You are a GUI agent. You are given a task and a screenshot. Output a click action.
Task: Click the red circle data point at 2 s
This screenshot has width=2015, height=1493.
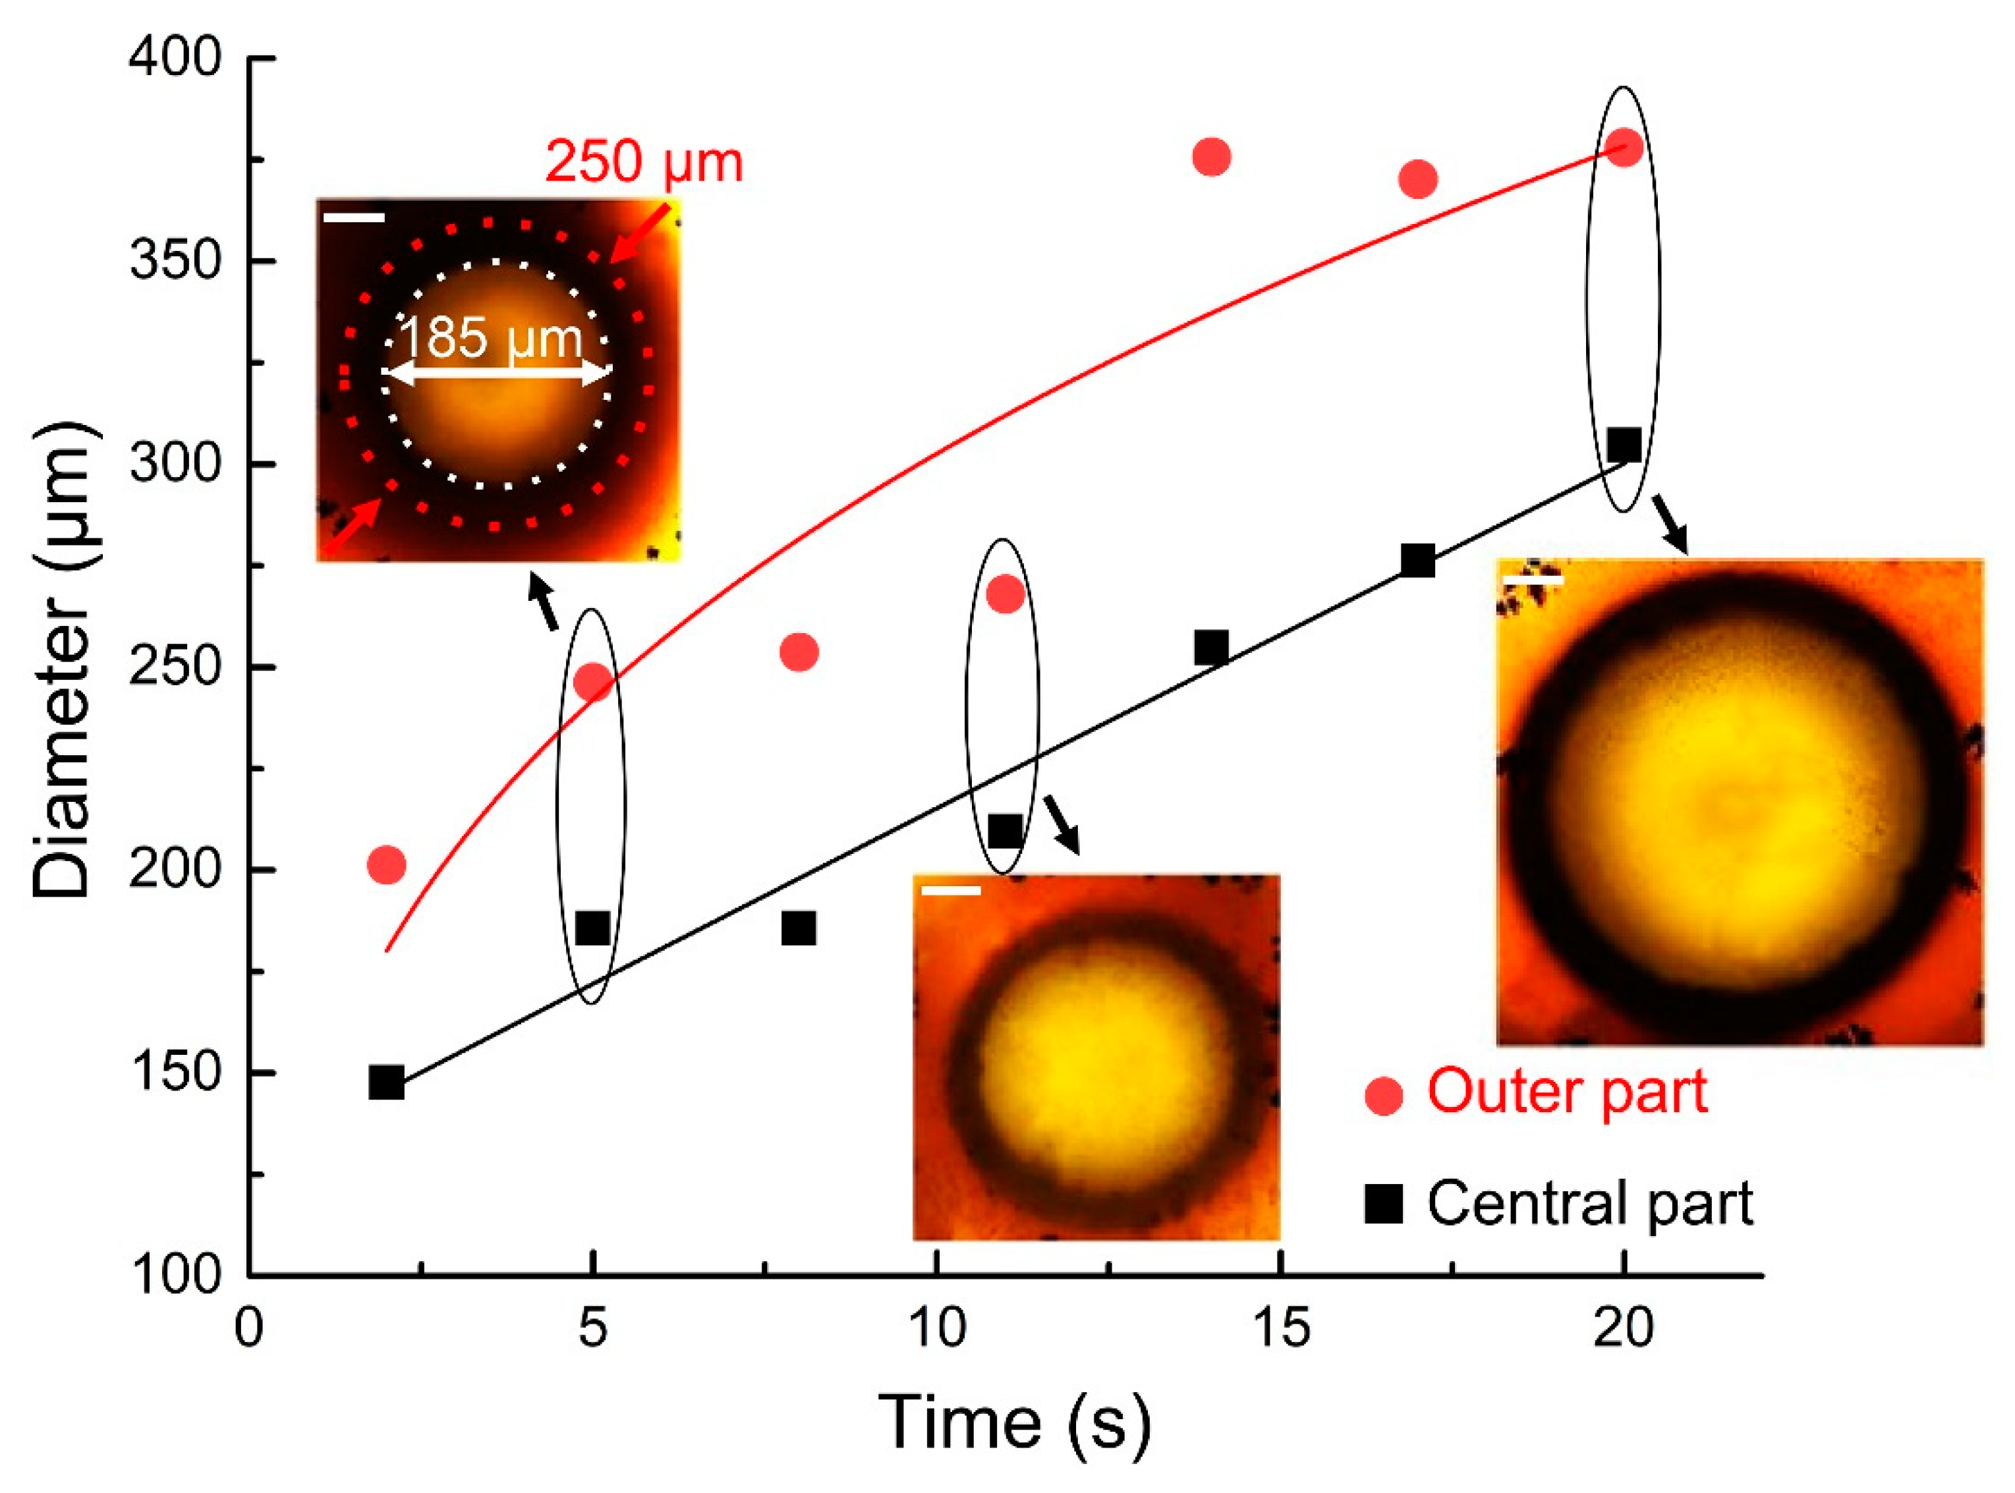(x=387, y=865)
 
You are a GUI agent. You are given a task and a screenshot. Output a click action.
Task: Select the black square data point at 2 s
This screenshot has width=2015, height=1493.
(x=387, y=1082)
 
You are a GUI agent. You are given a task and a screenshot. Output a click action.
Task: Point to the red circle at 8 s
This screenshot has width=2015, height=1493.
(x=799, y=652)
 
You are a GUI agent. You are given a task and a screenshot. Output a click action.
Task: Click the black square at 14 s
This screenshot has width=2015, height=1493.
(x=1212, y=648)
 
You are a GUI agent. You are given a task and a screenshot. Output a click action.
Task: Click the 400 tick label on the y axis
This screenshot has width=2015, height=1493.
(x=175, y=59)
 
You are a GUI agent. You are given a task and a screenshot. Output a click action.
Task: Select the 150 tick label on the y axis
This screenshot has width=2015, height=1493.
(x=175, y=1073)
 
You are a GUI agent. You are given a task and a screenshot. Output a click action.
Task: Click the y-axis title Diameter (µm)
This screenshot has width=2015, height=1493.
(x=63, y=660)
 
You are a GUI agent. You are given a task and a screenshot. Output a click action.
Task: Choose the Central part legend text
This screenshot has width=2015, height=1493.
(x=1589, y=1203)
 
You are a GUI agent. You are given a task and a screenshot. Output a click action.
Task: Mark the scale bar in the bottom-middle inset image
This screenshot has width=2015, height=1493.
(x=951, y=891)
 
